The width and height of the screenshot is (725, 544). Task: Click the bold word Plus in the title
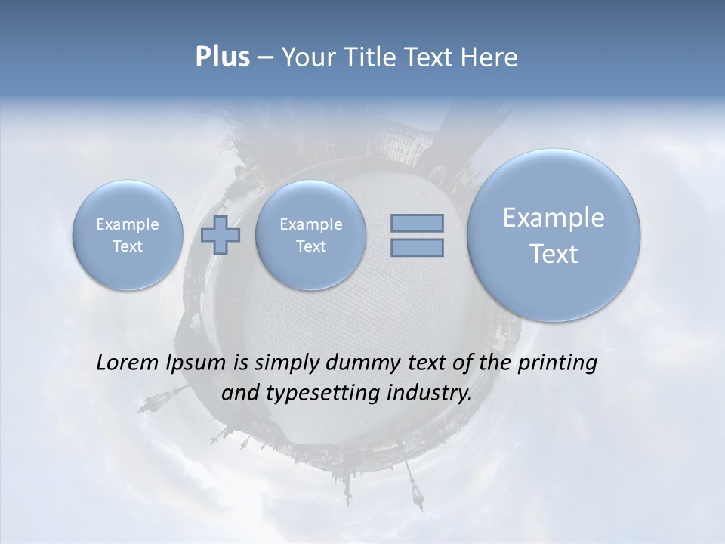tap(222, 57)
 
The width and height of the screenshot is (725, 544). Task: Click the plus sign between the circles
tap(221, 235)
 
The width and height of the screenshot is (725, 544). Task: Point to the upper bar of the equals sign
tap(417, 223)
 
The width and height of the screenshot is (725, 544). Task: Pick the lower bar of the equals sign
tap(417, 247)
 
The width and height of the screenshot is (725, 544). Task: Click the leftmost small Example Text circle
tap(128, 235)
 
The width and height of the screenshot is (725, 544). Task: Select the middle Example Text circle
tap(310, 235)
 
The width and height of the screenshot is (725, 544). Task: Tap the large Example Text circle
tap(554, 235)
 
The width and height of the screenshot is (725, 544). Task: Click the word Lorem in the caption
tap(128, 363)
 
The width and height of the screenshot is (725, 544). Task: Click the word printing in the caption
tap(557, 363)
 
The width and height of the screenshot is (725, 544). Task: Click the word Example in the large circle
tap(554, 218)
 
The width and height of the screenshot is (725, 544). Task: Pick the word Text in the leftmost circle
tap(128, 246)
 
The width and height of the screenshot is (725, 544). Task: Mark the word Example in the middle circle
tap(310, 224)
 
